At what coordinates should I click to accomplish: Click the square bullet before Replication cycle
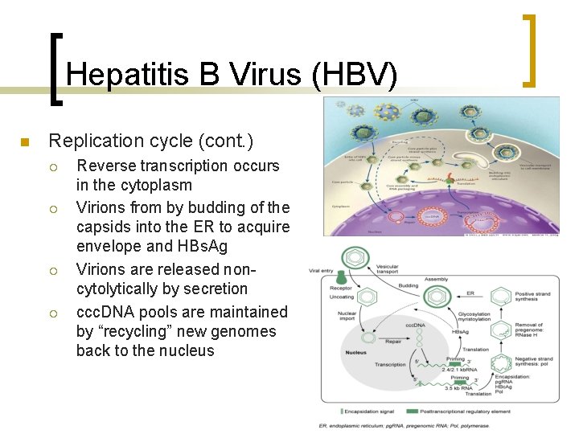click(x=24, y=143)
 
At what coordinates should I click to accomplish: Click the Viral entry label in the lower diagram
click(x=321, y=272)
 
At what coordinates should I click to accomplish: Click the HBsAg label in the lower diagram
click(x=461, y=332)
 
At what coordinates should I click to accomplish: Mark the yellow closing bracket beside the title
click(x=529, y=50)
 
